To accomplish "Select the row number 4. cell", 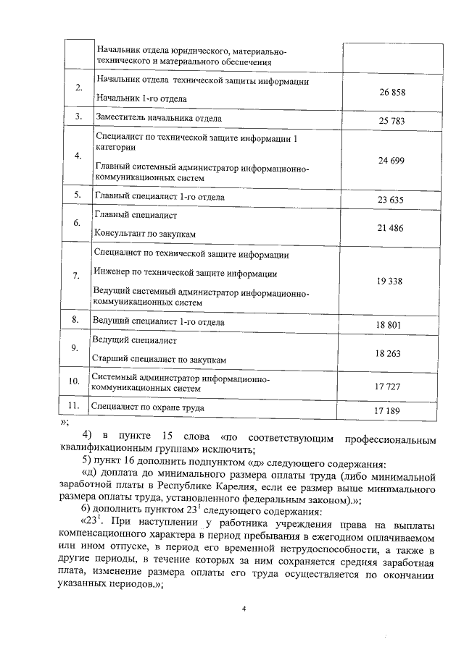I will [x=77, y=156].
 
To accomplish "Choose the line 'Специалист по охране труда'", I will [x=147, y=407].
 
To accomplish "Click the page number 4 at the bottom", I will [x=244, y=608].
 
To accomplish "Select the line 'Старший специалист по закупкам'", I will [x=160, y=359].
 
